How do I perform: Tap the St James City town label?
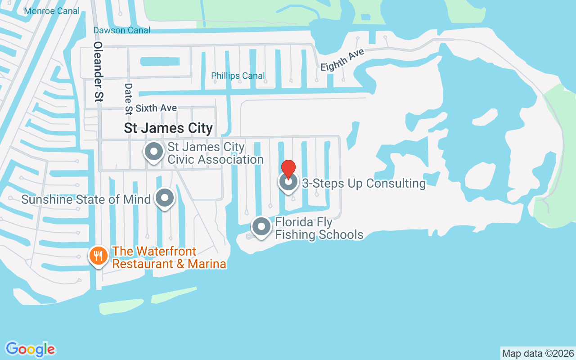click(168, 128)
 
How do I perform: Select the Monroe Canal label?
click(52, 11)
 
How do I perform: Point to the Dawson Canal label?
click(121, 30)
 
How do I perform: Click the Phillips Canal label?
click(238, 76)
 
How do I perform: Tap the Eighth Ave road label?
click(342, 59)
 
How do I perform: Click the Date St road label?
click(129, 98)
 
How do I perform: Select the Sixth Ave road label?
click(156, 108)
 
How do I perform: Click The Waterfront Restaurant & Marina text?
click(169, 257)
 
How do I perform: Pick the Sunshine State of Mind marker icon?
click(165, 198)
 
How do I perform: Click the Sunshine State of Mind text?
click(86, 199)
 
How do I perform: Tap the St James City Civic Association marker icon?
click(154, 152)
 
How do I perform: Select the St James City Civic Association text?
click(215, 153)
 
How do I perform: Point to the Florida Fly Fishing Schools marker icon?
click(261, 227)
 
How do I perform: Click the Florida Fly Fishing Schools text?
click(319, 228)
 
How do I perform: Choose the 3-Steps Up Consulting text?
click(364, 183)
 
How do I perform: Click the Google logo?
click(31, 349)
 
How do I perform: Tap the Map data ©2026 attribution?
click(538, 353)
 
